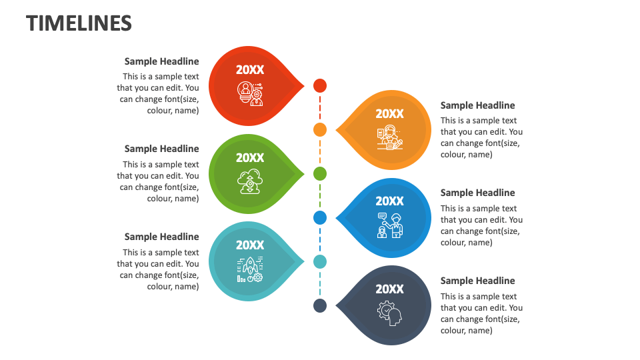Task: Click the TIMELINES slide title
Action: [x=79, y=23]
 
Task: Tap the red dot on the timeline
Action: [x=320, y=85]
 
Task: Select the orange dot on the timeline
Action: [x=320, y=129]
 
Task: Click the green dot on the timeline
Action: [x=320, y=173]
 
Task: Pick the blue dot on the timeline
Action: [x=320, y=217]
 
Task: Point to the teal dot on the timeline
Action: [x=320, y=261]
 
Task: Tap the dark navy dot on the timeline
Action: [x=320, y=305]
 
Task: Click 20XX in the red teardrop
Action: [x=250, y=70]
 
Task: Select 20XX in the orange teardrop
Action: [x=389, y=114]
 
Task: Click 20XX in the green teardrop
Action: [x=250, y=158]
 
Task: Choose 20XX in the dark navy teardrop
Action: [x=389, y=289]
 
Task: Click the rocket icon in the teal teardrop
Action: [x=250, y=269]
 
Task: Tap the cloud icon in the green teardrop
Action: [x=250, y=182]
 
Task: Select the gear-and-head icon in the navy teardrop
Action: [x=389, y=313]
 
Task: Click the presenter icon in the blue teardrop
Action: [x=389, y=225]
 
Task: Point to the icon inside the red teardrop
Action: [x=250, y=93]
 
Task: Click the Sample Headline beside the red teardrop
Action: [x=161, y=61]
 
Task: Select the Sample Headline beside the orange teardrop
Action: [x=477, y=105]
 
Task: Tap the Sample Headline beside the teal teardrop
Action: [x=161, y=237]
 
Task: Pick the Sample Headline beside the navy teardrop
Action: [x=477, y=281]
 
